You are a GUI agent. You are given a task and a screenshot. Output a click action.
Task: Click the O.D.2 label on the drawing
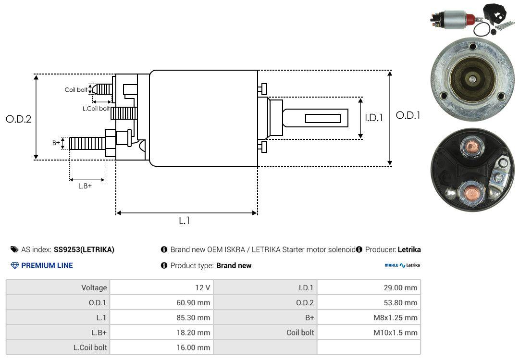pyautogui.click(x=19, y=119)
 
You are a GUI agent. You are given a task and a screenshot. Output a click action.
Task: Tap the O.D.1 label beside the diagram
pyautogui.click(x=408, y=115)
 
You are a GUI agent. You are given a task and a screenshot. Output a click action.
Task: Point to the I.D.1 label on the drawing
pyautogui.click(x=374, y=118)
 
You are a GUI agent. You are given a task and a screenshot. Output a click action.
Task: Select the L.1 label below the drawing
pyautogui.click(x=185, y=220)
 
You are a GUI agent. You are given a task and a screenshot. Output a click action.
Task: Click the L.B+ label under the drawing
pyautogui.click(x=85, y=186)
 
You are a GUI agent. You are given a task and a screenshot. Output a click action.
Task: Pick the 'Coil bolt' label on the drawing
pyautogui.click(x=76, y=90)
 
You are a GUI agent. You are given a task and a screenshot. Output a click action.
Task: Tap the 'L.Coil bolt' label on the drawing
pyautogui.click(x=96, y=108)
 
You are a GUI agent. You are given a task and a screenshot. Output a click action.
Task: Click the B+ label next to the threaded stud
pyautogui.click(x=56, y=142)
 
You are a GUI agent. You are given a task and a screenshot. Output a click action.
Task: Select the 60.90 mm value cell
pyautogui.click(x=193, y=302)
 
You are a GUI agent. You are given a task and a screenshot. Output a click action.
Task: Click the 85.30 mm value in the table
pyautogui.click(x=193, y=317)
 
